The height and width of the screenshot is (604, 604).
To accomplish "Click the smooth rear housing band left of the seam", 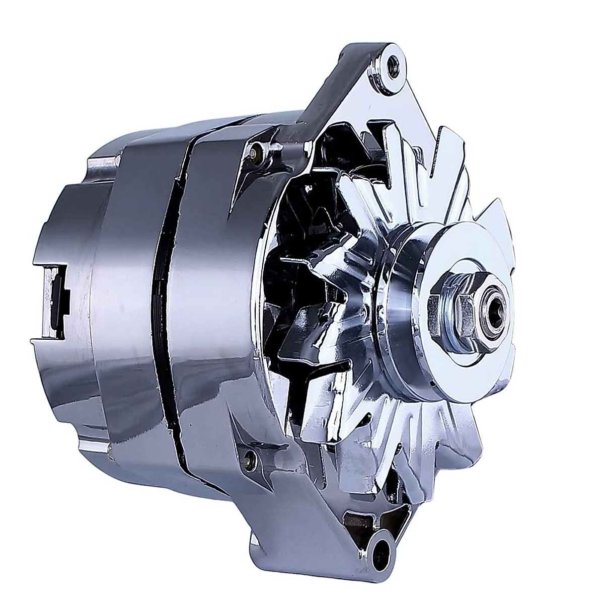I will tap(131, 302).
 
